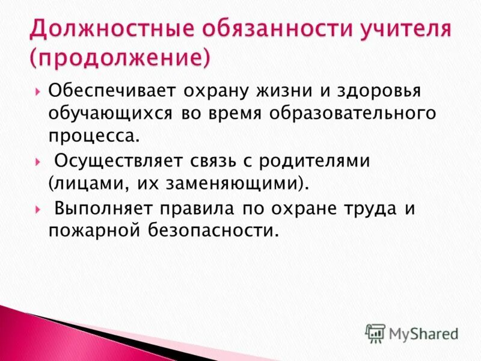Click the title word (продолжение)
pos(120,58)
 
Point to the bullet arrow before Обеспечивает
pos(38,93)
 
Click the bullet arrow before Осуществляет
pos(38,162)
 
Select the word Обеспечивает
pos(112,91)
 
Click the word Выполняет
pos(104,209)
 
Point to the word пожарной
pos(90,230)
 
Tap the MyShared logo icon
pos(375,333)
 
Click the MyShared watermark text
pos(424,333)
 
